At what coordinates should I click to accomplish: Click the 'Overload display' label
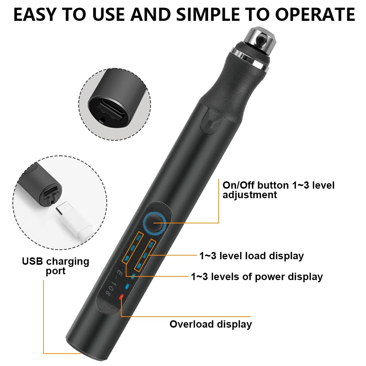[x=211, y=324]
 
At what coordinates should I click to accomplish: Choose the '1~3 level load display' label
[x=252, y=256]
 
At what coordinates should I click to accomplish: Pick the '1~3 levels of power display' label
[x=257, y=276]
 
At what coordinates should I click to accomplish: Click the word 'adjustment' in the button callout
[x=250, y=195]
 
